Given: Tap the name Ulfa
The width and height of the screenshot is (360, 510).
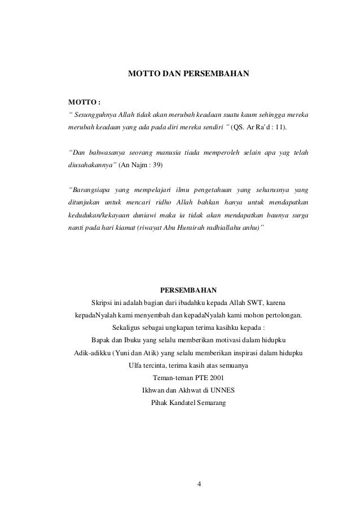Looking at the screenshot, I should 137,365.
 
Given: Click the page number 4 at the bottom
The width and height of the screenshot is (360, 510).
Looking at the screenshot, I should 199,485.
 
